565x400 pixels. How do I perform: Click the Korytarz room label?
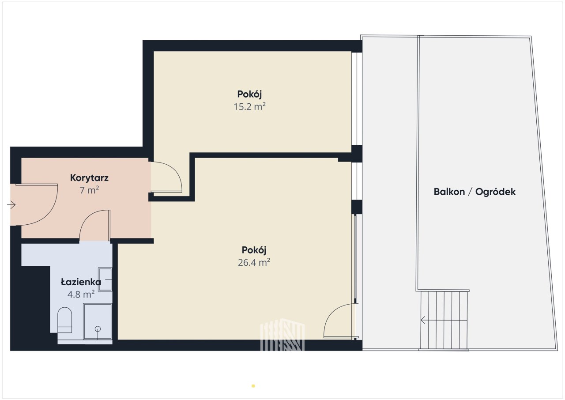(x=89, y=178)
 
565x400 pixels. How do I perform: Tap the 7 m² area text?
(x=89, y=190)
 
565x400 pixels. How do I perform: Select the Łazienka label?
(x=81, y=282)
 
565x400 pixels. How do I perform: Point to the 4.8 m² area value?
(x=81, y=294)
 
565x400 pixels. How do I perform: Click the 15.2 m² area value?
(x=249, y=106)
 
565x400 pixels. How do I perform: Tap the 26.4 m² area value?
(x=254, y=262)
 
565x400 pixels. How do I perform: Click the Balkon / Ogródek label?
(x=475, y=192)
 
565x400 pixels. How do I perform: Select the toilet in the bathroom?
(x=65, y=320)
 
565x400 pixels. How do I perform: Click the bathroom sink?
(x=105, y=279)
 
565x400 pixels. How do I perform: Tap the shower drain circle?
(x=98, y=329)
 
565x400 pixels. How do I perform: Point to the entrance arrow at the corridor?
(x=11, y=205)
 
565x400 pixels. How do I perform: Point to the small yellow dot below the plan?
(x=253, y=386)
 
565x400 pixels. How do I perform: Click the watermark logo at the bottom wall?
(x=282, y=335)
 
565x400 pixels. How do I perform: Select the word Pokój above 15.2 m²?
(x=249, y=94)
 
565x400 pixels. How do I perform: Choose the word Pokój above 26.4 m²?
(x=254, y=250)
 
